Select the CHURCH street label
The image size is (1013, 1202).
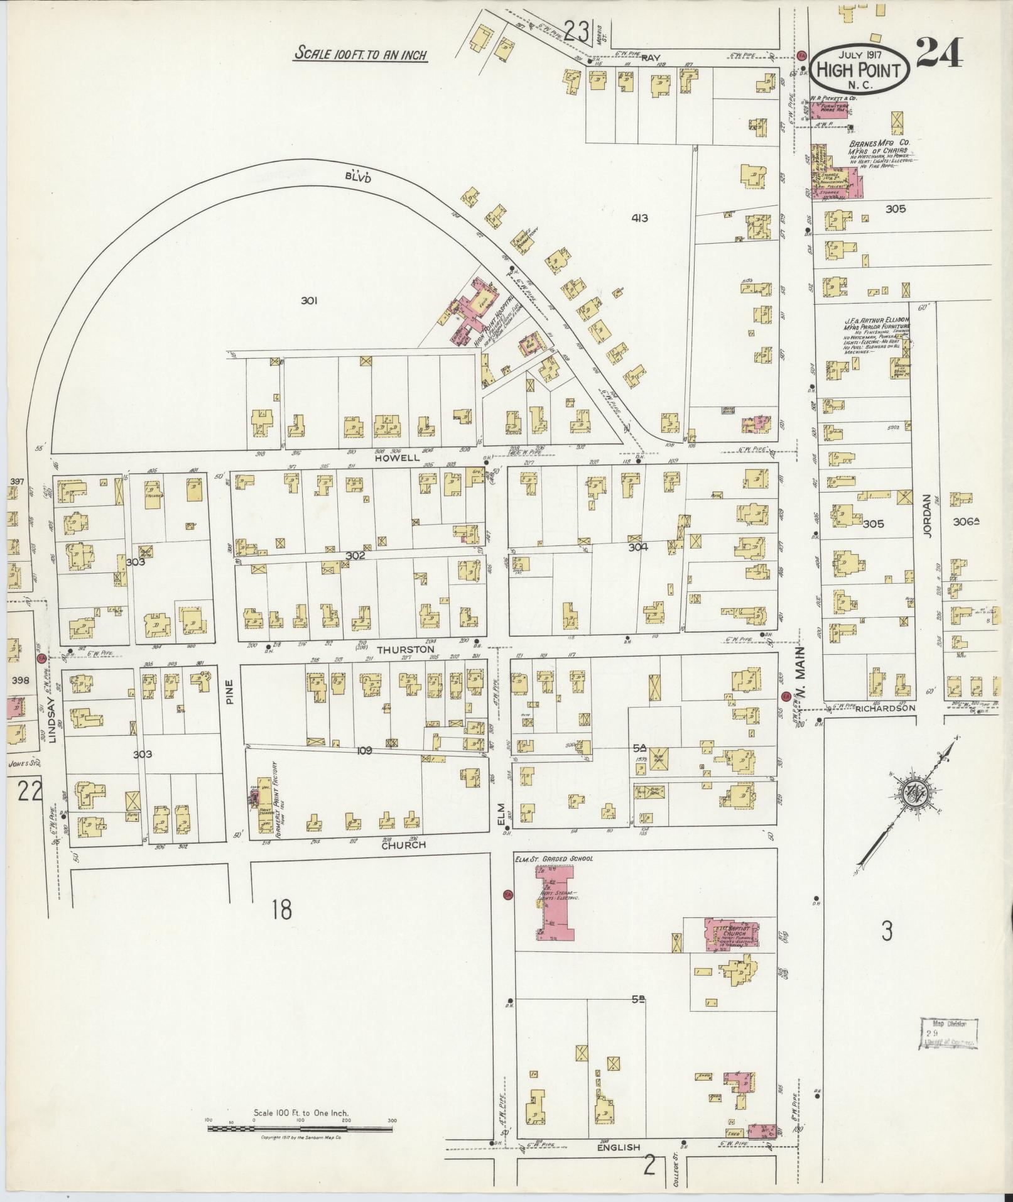(403, 845)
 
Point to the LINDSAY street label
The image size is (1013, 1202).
(52, 721)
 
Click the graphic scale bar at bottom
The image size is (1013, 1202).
(300, 1128)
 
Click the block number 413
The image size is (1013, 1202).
(640, 219)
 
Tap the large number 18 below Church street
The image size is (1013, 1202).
(282, 909)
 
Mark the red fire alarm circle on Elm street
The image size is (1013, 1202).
(507, 894)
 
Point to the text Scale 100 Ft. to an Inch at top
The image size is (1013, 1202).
(360, 55)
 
